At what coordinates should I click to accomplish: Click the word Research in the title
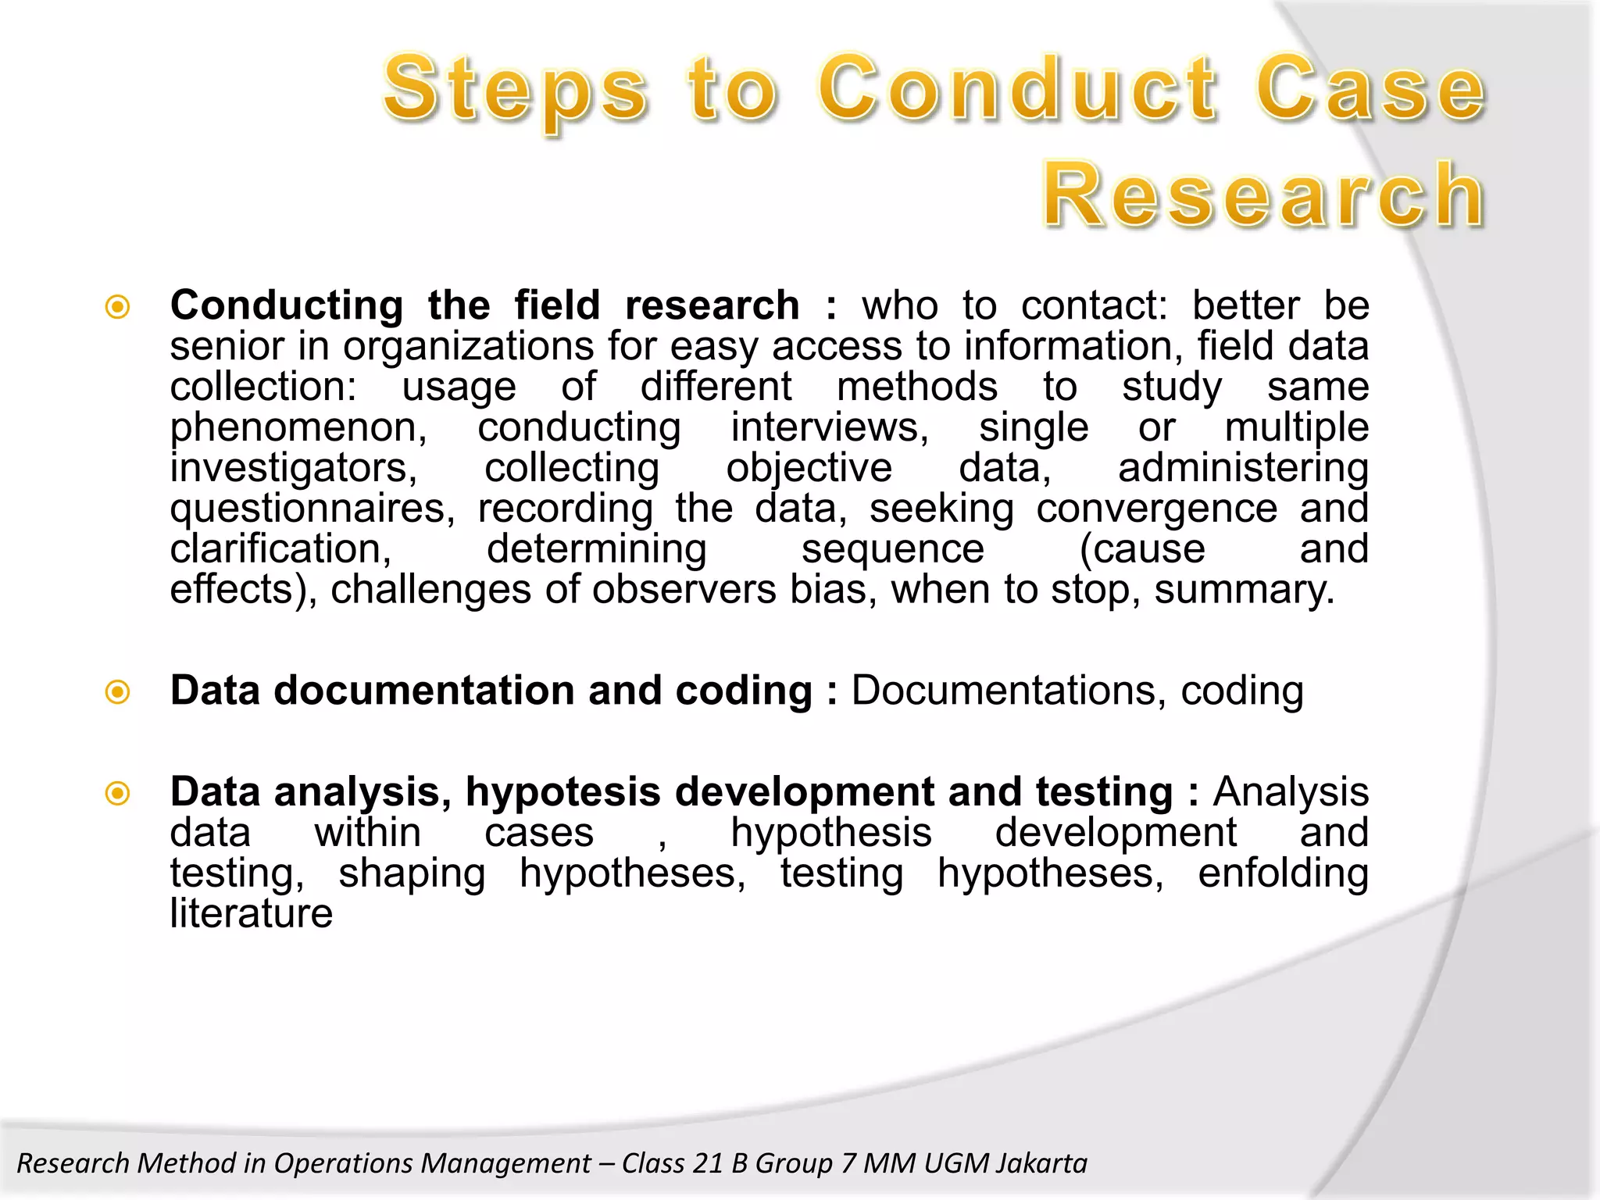(x=1263, y=195)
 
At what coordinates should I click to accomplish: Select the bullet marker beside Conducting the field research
(x=117, y=306)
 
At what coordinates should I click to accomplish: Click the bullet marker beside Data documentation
(x=117, y=691)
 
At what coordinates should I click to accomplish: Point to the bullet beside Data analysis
(x=117, y=794)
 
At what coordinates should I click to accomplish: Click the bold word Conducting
(x=287, y=305)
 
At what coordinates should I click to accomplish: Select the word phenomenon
(x=298, y=428)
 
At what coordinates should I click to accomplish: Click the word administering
(x=1243, y=468)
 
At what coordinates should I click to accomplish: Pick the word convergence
(x=1157, y=509)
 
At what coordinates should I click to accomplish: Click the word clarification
(x=280, y=549)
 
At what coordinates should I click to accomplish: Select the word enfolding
(x=1283, y=873)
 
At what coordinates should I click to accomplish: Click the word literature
(x=252, y=913)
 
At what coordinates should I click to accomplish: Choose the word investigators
(x=294, y=469)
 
